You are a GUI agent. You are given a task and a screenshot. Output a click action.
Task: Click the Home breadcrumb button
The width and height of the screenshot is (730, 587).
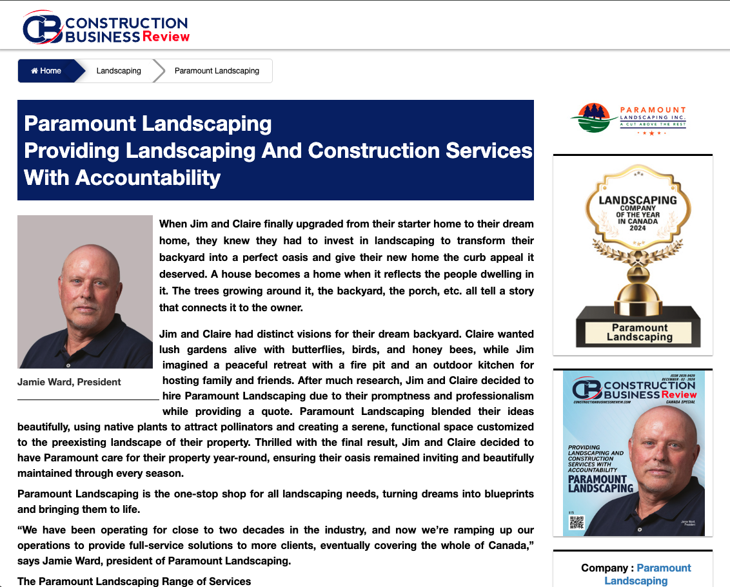(x=46, y=71)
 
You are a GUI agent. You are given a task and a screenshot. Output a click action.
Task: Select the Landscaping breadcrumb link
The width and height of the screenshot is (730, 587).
(x=119, y=71)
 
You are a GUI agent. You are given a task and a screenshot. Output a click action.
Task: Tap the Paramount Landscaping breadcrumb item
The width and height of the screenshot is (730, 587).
(x=217, y=71)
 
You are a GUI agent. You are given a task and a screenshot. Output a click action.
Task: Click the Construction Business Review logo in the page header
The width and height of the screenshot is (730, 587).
(x=106, y=30)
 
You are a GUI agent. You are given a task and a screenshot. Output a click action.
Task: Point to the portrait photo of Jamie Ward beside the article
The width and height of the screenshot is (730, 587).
(x=85, y=292)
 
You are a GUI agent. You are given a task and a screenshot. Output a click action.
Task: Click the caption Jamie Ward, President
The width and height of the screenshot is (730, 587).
(x=69, y=382)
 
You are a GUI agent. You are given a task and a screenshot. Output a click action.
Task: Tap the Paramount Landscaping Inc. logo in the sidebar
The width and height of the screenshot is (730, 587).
(x=628, y=120)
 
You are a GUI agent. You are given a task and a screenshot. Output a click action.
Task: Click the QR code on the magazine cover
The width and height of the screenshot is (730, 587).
(x=576, y=522)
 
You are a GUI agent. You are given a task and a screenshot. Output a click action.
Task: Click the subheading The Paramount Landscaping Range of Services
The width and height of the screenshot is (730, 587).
(x=134, y=581)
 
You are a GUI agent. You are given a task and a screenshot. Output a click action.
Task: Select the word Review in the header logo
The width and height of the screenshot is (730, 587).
(x=166, y=36)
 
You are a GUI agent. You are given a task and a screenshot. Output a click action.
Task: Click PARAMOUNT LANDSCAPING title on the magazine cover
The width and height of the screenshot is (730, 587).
(x=598, y=483)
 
